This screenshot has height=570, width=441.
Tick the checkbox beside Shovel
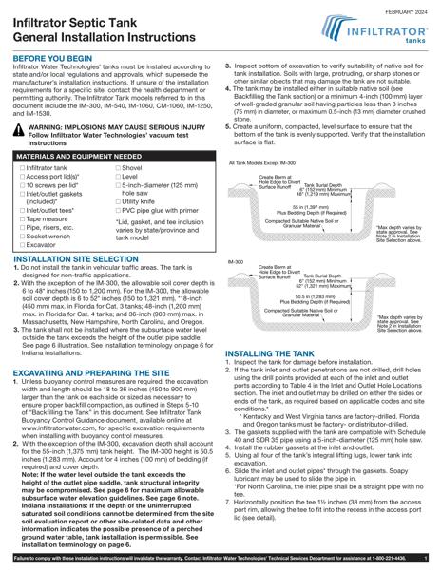click(x=118, y=167)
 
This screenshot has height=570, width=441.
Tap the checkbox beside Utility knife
click(x=118, y=201)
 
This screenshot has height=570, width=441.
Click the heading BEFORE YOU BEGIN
click(x=52, y=58)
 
